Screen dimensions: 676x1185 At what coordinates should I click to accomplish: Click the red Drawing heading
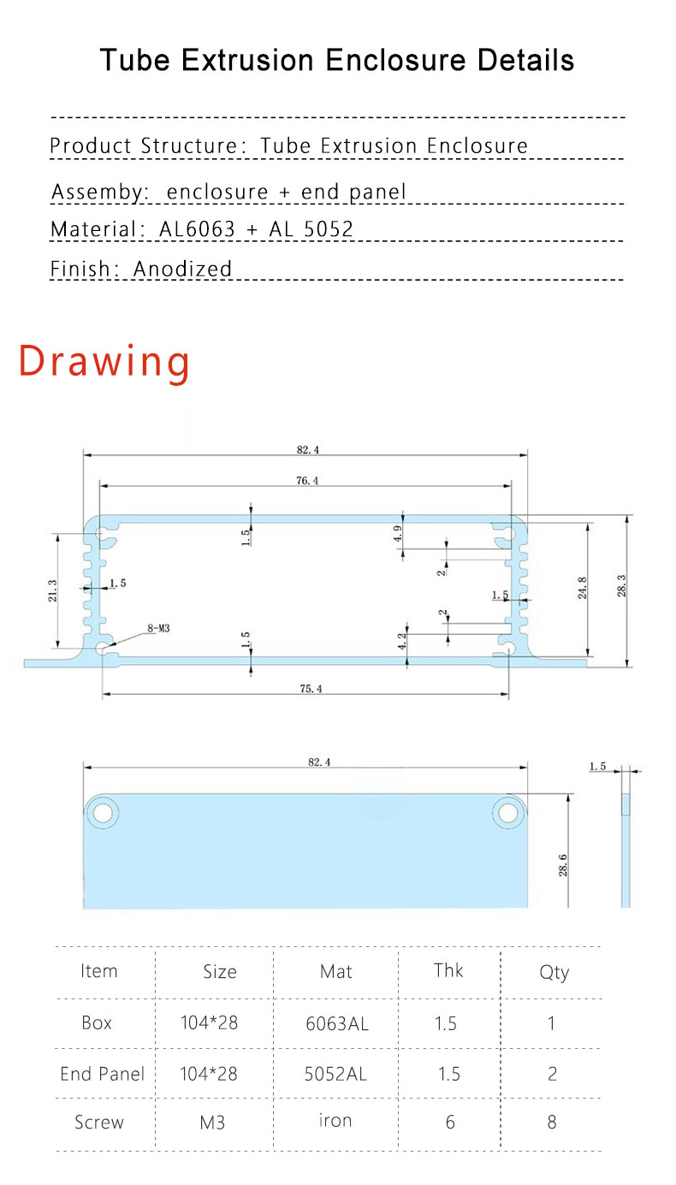click(x=104, y=361)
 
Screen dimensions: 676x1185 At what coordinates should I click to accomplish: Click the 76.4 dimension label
click(x=307, y=480)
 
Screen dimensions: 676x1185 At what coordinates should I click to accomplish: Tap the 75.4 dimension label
click(x=311, y=688)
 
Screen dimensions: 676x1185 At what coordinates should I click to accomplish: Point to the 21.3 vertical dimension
click(x=52, y=590)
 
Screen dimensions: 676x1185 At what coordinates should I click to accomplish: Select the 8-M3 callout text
click(x=158, y=628)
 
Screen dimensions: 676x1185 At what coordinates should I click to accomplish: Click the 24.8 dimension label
click(x=582, y=588)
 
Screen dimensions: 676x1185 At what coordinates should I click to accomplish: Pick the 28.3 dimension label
click(x=621, y=585)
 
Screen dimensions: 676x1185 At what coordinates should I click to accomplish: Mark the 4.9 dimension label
click(x=397, y=533)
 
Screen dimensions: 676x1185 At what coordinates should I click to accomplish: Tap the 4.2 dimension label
click(x=402, y=641)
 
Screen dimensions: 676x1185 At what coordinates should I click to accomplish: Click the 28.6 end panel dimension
click(x=563, y=865)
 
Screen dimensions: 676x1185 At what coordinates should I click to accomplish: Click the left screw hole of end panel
click(x=103, y=813)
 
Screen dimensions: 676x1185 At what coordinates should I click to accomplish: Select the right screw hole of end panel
click(x=508, y=813)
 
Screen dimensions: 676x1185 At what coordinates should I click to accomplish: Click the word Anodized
click(x=182, y=269)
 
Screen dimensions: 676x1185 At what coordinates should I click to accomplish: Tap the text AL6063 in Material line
click(x=197, y=229)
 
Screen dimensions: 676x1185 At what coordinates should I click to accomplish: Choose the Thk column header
click(x=448, y=970)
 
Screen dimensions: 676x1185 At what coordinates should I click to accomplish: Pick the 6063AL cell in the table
click(x=337, y=1023)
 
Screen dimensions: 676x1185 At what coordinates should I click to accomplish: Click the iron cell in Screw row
click(x=335, y=1120)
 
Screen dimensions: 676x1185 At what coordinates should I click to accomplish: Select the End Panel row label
click(x=102, y=1074)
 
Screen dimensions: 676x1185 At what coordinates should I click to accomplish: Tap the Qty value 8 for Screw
click(x=552, y=1122)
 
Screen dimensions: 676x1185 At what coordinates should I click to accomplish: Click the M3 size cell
click(x=212, y=1122)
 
